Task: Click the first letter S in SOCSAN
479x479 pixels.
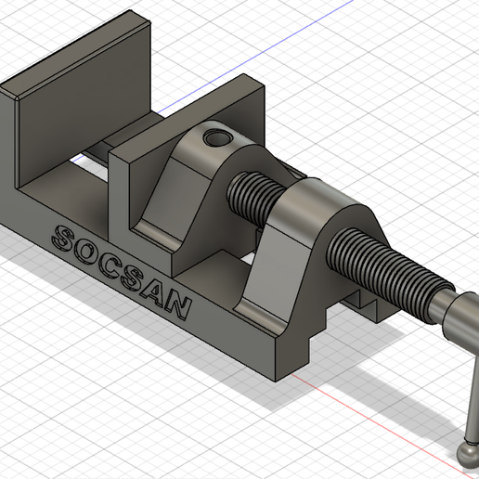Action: [x=67, y=239]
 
